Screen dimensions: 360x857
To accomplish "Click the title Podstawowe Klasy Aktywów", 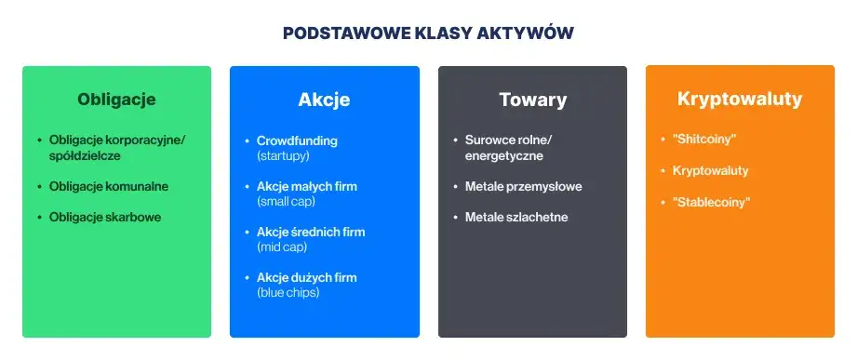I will point(428,33).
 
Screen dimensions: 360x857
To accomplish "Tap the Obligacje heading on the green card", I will point(116,99).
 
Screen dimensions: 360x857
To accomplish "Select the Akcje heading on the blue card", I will point(324,100).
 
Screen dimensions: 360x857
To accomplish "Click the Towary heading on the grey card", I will point(532,100).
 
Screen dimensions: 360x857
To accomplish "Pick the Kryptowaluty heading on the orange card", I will point(740,99).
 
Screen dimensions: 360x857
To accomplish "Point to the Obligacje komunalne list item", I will point(109,186).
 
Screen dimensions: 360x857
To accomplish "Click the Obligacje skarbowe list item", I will point(105,217).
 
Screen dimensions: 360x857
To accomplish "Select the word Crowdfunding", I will point(297,140).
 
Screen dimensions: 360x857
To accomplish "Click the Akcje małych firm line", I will point(306,186).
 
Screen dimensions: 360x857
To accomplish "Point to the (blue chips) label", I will point(288,292).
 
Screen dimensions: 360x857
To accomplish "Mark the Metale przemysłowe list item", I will point(523,186).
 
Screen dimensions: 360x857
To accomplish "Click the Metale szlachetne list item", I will point(516,217).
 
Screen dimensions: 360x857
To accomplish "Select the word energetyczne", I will point(504,155).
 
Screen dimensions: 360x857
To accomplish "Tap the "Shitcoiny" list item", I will point(704,140).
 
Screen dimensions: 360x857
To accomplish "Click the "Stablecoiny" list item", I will point(711,202).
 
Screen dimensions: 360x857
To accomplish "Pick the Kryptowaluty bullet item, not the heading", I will point(710,171).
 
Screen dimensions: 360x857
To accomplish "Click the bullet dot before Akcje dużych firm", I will point(247,278).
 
